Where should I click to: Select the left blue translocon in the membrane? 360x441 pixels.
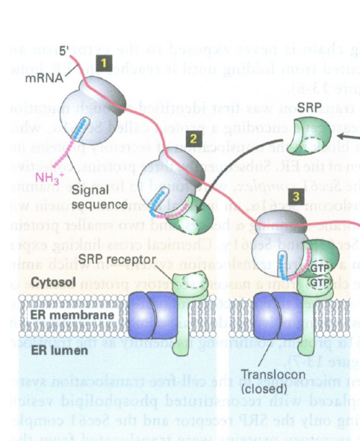[159, 315]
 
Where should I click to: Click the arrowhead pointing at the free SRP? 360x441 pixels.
[337, 138]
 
